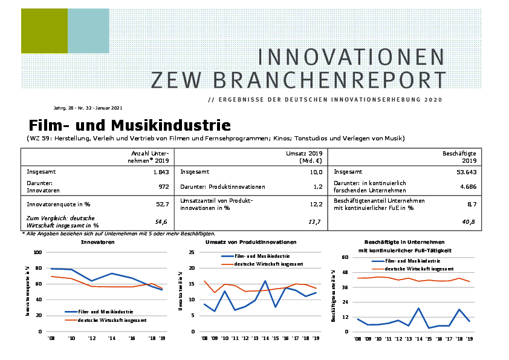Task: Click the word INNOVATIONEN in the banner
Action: point(351,57)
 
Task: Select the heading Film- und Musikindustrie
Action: point(129,126)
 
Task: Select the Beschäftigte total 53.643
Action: point(465,172)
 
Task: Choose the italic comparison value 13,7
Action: point(314,222)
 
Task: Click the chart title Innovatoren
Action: point(97,242)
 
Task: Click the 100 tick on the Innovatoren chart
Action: point(37,252)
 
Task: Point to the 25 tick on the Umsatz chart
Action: point(192,252)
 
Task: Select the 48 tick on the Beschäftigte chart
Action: point(345,272)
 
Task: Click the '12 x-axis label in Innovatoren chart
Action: point(91,338)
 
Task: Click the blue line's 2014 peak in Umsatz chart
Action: point(265,281)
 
